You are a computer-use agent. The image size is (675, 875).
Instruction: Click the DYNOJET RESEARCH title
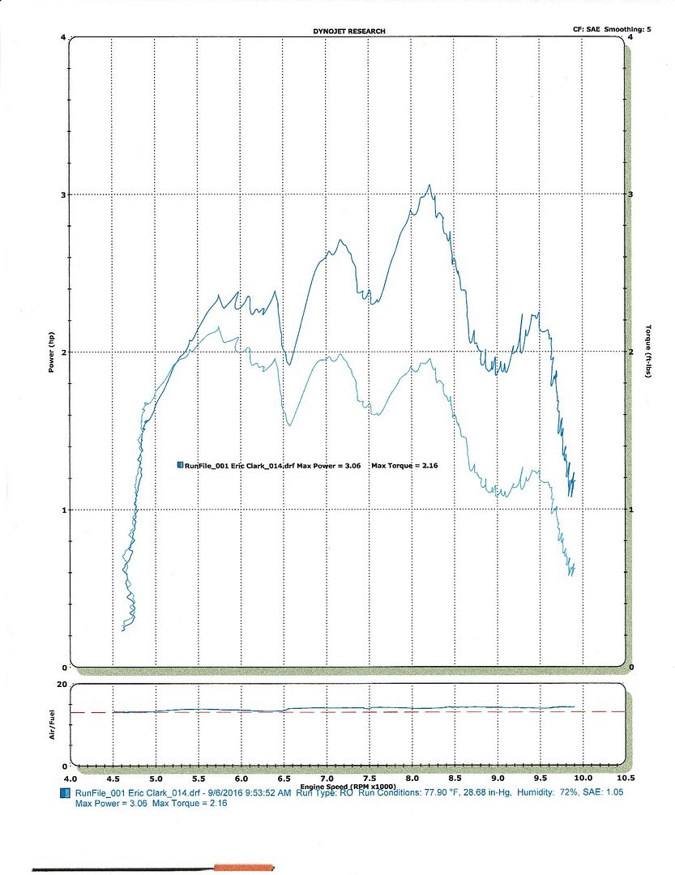pyautogui.click(x=349, y=32)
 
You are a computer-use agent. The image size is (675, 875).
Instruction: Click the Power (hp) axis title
pyautogui.click(x=50, y=352)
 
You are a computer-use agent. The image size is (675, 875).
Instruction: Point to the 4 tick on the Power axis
pyautogui.click(x=63, y=37)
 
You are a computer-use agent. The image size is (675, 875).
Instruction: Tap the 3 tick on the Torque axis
pyautogui.click(x=631, y=194)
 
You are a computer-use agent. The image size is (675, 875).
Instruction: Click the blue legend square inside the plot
pyautogui.click(x=179, y=464)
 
